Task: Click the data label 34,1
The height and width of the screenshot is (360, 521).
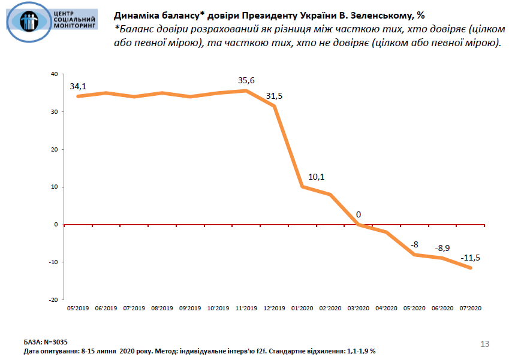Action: pos(79,86)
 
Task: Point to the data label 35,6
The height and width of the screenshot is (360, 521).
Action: pos(246,80)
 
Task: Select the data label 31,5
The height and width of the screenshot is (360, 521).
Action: pos(275,96)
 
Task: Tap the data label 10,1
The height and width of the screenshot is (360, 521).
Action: pos(316,177)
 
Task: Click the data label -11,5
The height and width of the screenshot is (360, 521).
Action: pos(471,258)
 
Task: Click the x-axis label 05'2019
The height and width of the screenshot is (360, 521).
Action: pos(78,308)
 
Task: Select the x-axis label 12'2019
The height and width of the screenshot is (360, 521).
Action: pos(274,308)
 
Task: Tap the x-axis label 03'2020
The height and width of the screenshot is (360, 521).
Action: pos(358,308)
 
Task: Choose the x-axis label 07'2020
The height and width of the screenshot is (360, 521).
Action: pos(471,308)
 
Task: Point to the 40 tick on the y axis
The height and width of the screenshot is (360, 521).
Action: pos(54,74)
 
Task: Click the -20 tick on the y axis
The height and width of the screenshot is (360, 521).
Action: pos(53,300)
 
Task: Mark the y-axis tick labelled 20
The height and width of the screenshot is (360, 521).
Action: pos(54,149)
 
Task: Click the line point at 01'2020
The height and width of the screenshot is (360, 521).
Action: pos(302,186)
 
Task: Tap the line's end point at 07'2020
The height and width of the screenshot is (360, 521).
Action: pos(471,268)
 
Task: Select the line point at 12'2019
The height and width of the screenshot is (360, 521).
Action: pos(274,106)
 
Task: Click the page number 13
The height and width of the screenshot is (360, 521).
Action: pos(485,343)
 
